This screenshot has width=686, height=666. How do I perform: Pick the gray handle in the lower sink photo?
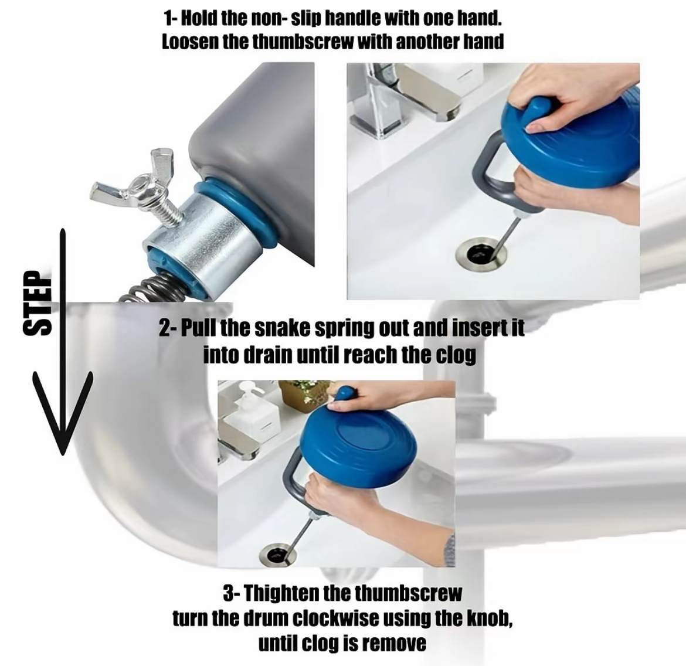(x=302, y=481)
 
